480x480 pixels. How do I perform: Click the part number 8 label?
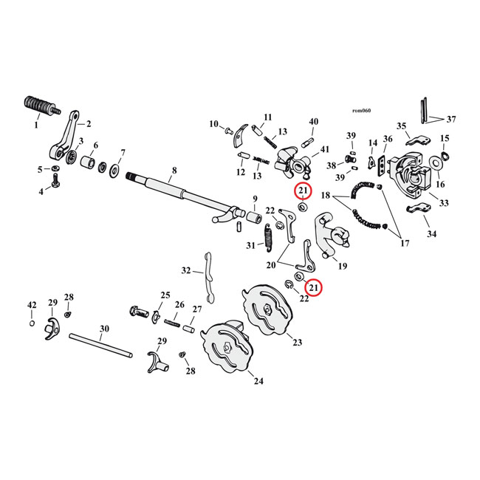(174, 170)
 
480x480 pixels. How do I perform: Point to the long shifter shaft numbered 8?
(177, 193)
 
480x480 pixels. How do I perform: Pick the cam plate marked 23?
(267, 310)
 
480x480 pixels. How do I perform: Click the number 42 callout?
(31, 305)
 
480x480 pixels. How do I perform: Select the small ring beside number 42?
(31, 323)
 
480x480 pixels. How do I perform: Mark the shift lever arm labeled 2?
(65, 137)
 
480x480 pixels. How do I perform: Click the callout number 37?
(451, 120)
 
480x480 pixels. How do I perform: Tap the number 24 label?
(258, 381)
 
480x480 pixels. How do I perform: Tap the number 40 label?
(313, 121)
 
